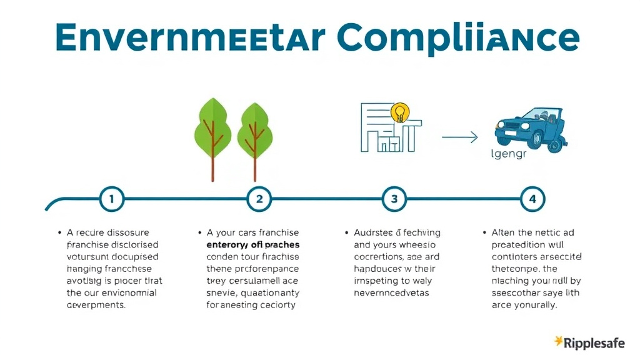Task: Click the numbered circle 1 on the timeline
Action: pos(112,199)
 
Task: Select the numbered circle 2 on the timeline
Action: pos(259,199)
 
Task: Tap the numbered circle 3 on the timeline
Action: pos(394,199)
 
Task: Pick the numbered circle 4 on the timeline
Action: pos(532,199)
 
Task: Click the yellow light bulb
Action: pos(399,113)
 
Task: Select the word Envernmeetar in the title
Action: pos(190,38)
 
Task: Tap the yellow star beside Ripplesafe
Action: pos(558,341)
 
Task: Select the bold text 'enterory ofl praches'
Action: pos(252,244)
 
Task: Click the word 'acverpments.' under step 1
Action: pos(96,305)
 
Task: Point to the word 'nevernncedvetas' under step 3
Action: pos(392,292)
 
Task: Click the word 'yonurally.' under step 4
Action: pos(534,305)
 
